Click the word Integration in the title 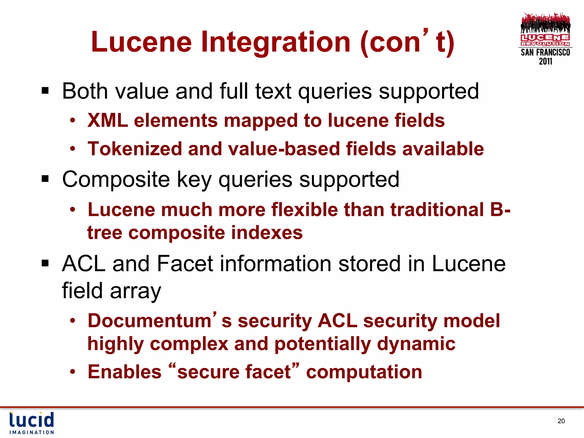[x=275, y=42]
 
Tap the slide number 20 [x=561, y=421]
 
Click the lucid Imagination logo [x=32, y=423]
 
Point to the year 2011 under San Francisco [x=545, y=61]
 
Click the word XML [x=108, y=120]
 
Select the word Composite [x=116, y=179]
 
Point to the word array [x=135, y=291]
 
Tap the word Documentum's [x=154, y=321]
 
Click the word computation [x=364, y=372]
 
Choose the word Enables [x=125, y=372]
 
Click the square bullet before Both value [x=45, y=91]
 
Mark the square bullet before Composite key [x=45, y=179]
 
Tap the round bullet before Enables [x=73, y=372]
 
